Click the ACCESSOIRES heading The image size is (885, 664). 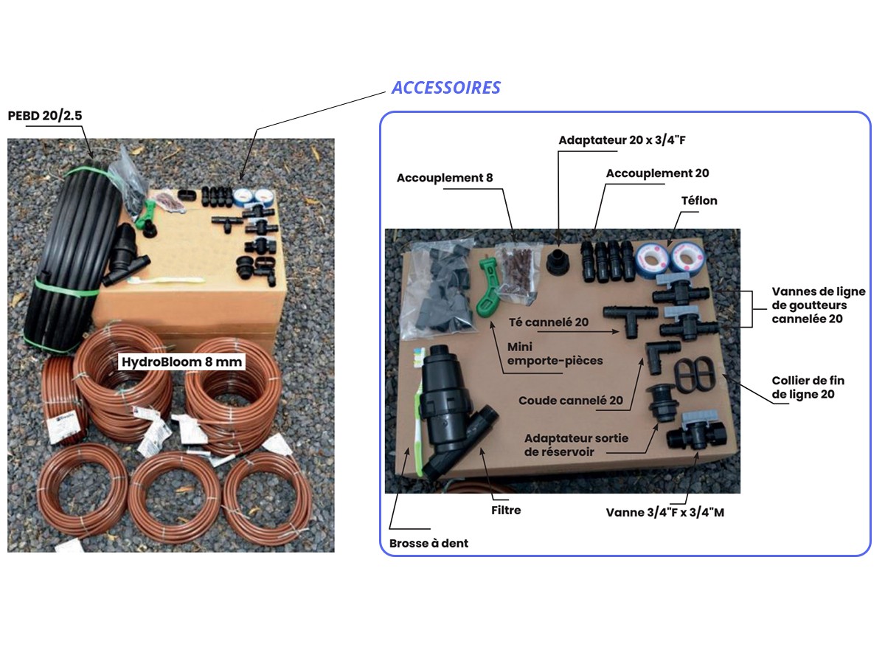click(446, 88)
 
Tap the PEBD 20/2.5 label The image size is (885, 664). click(45, 116)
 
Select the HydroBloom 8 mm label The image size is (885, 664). click(181, 362)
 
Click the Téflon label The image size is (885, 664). click(699, 201)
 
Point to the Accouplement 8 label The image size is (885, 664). click(444, 178)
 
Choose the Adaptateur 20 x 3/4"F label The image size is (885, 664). click(622, 140)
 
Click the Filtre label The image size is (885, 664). click(506, 510)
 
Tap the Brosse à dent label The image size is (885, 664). click(428, 543)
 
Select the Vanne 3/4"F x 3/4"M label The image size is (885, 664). click(665, 513)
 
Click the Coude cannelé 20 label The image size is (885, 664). click(571, 401)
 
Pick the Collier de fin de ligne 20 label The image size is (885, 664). click(808, 387)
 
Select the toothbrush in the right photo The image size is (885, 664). click(418, 411)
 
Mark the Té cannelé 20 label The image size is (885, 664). click(549, 322)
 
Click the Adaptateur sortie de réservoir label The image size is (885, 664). click(576, 445)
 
